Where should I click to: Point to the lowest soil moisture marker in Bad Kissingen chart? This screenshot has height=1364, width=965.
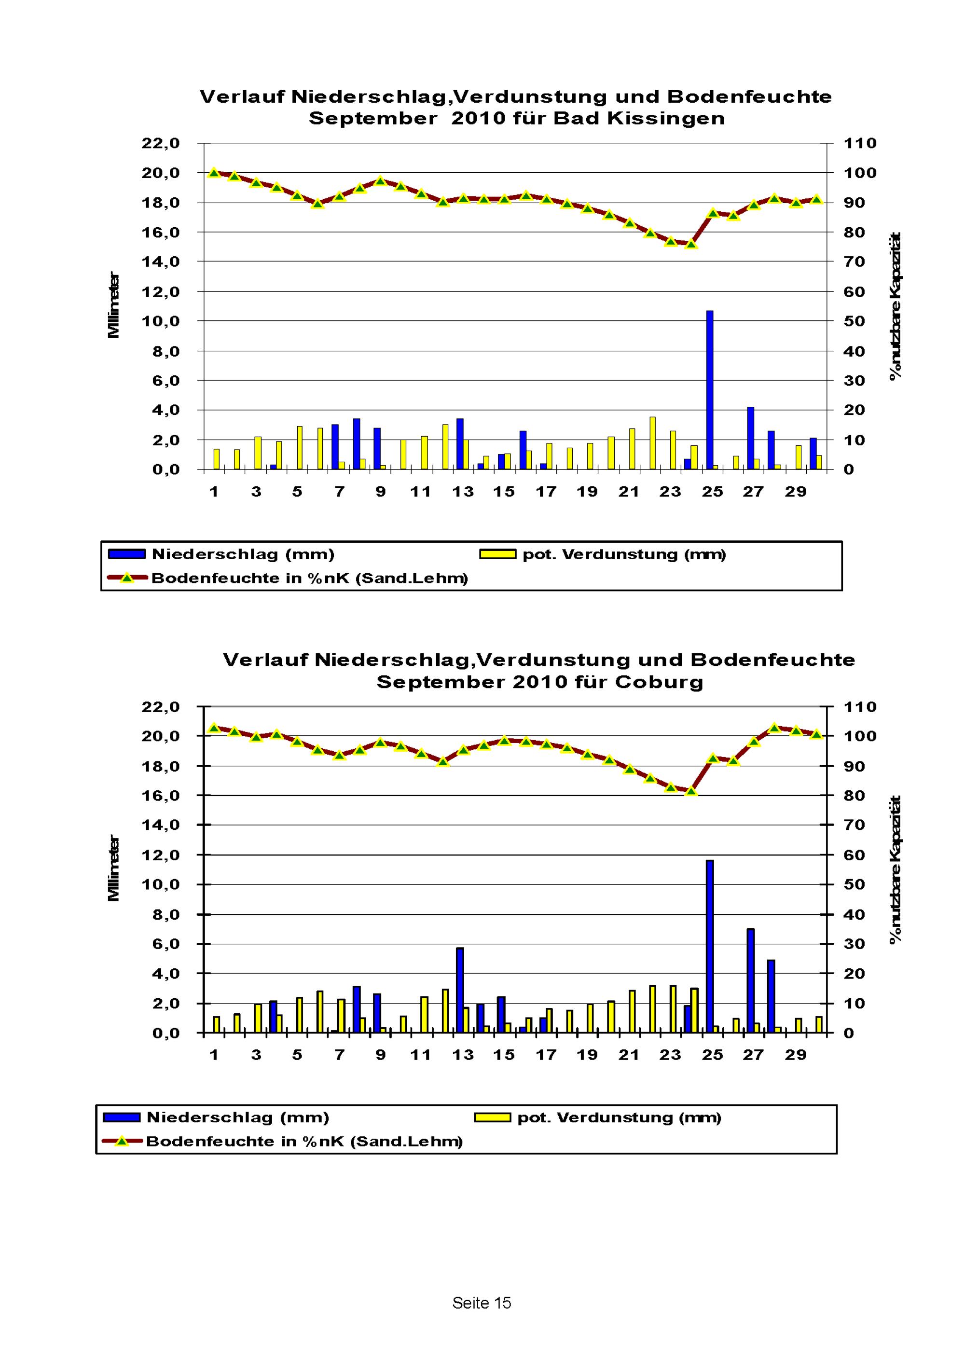(690, 244)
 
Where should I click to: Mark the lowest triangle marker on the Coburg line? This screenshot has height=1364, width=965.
(690, 791)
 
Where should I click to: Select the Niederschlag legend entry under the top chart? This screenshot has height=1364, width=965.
(242, 554)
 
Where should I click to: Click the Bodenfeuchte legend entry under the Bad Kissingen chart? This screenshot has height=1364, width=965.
(309, 578)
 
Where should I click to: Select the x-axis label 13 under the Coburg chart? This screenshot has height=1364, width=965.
(463, 1055)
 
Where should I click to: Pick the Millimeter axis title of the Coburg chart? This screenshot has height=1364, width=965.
(113, 868)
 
